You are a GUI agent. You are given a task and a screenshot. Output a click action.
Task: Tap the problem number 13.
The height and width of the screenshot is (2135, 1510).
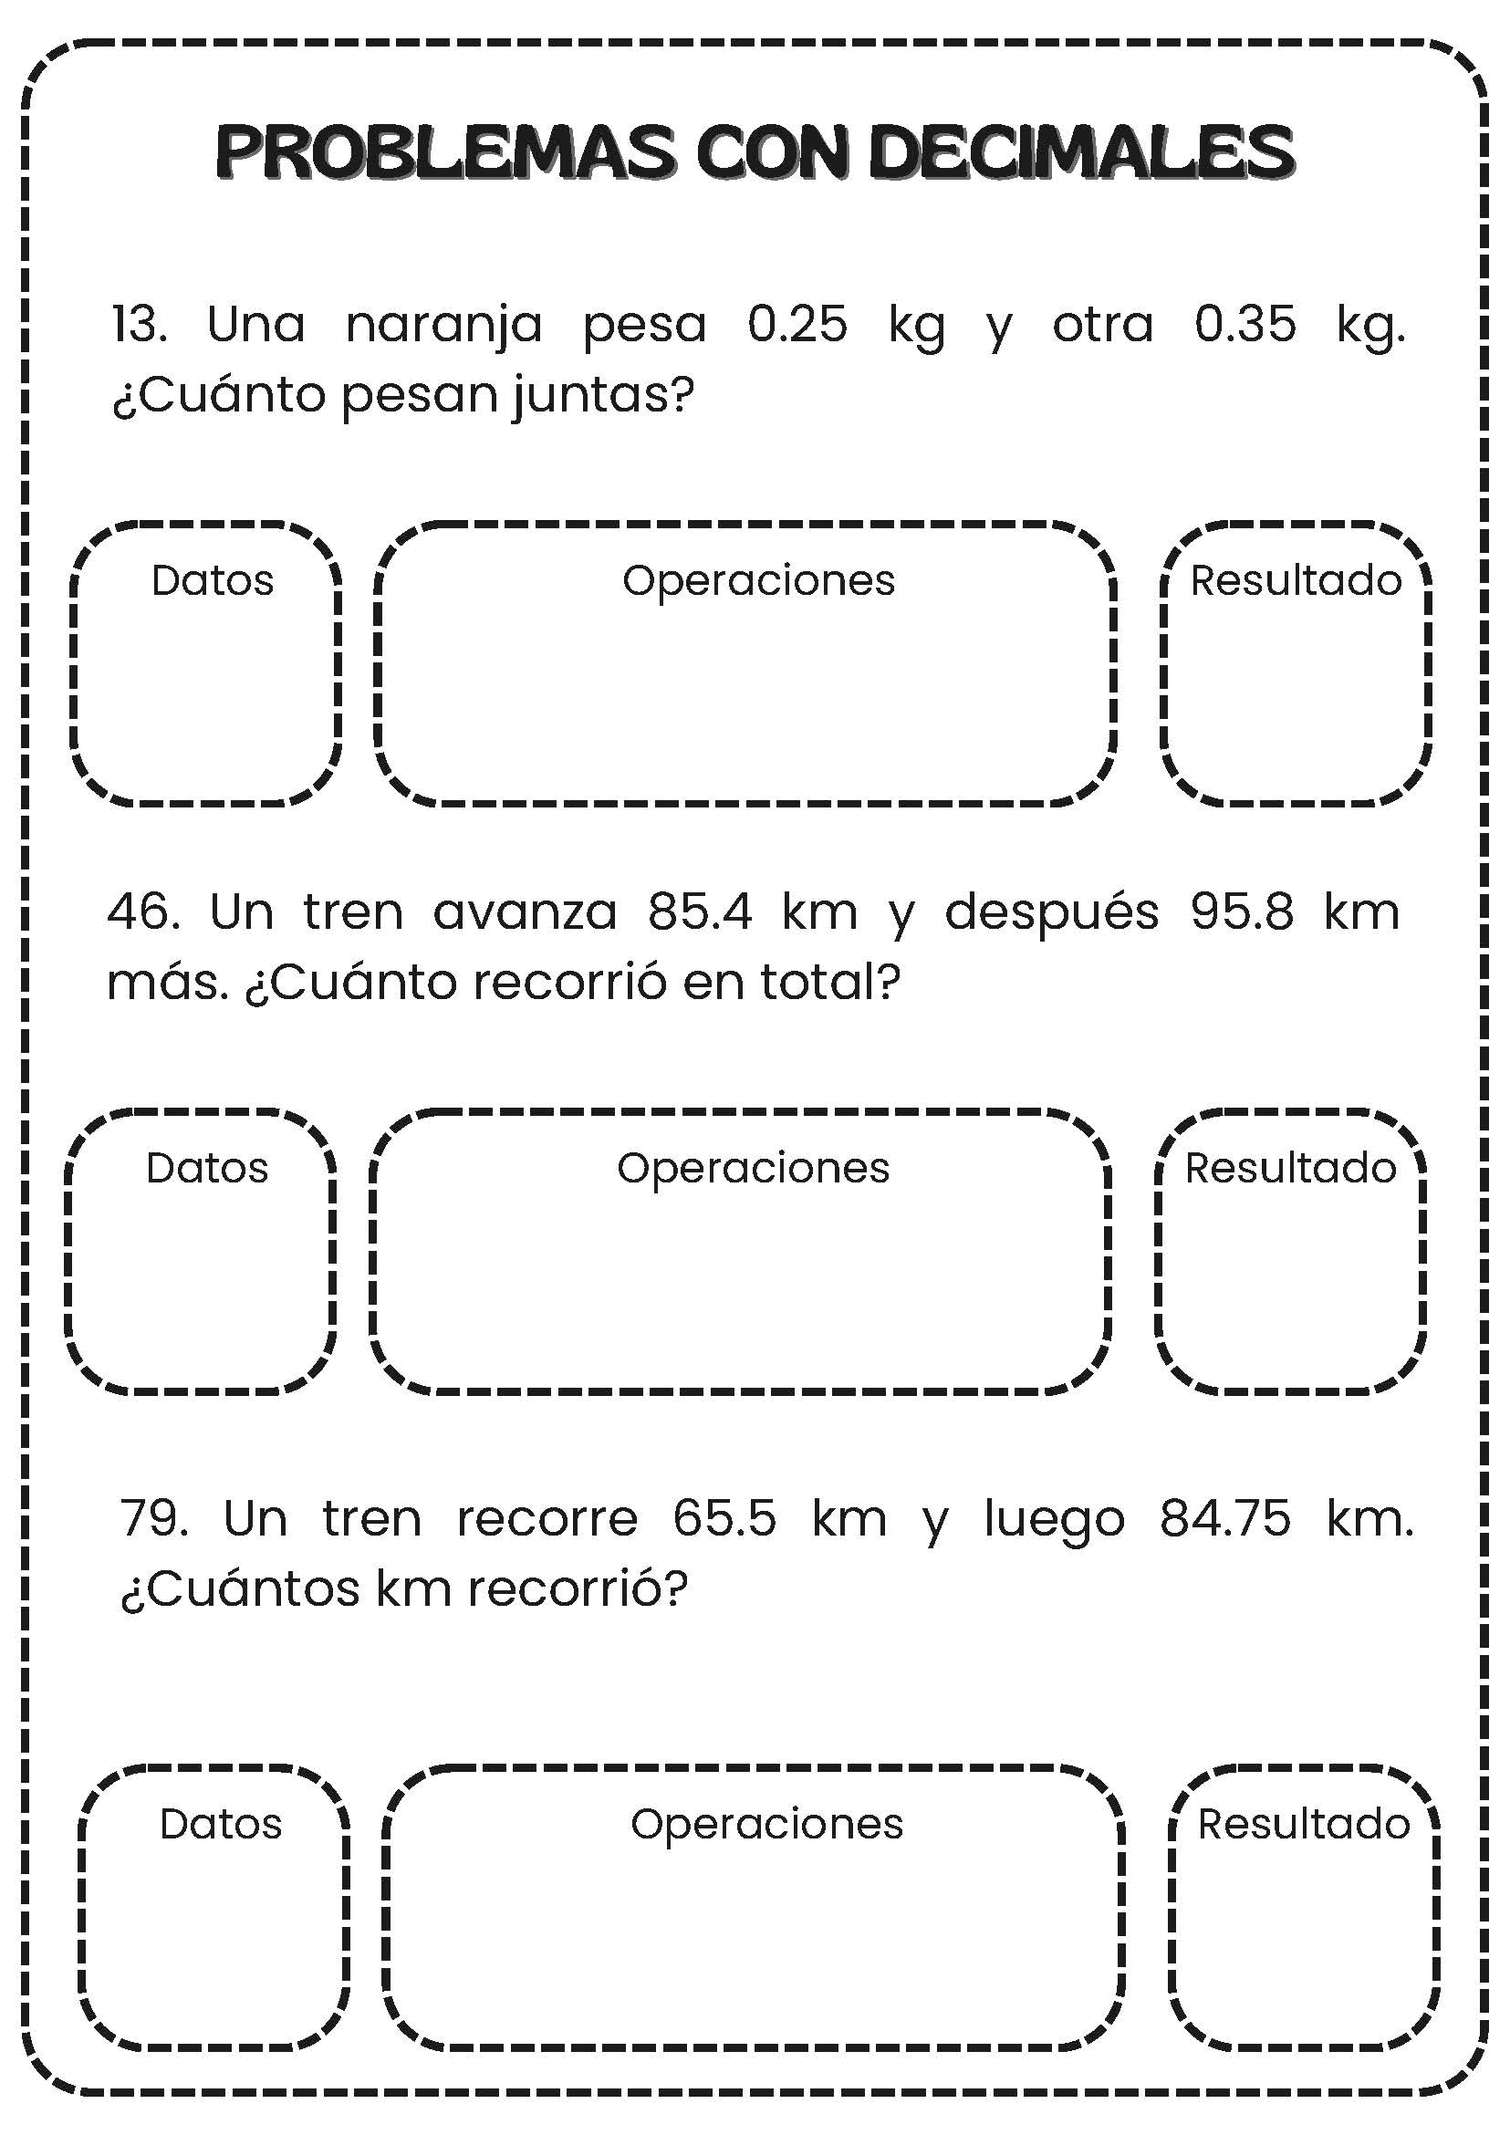(x=139, y=325)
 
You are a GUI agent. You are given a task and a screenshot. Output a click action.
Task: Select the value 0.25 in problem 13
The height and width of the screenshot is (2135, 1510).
(x=797, y=325)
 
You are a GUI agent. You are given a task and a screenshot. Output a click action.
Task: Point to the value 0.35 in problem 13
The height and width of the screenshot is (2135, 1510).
(x=1245, y=325)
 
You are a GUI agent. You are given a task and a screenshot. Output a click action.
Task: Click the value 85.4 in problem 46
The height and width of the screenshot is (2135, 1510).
(x=700, y=911)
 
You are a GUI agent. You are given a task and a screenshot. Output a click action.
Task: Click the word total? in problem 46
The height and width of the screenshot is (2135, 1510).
(x=831, y=982)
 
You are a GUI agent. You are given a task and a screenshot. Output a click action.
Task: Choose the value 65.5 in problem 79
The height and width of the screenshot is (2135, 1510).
(x=724, y=1519)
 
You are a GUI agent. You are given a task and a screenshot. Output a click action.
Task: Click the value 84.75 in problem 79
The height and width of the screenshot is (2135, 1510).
(x=1225, y=1519)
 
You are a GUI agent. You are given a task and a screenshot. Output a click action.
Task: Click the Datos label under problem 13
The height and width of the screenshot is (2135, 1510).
(x=212, y=580)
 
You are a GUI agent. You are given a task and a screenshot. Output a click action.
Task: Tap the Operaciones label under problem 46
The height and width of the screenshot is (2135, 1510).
(x=753, y=1168)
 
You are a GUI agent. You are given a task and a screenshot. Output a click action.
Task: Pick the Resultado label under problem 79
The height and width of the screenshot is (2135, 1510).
(x=1304, y=1825)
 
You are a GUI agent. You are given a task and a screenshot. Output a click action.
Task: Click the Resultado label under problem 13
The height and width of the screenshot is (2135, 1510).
(x=1297, y=580)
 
